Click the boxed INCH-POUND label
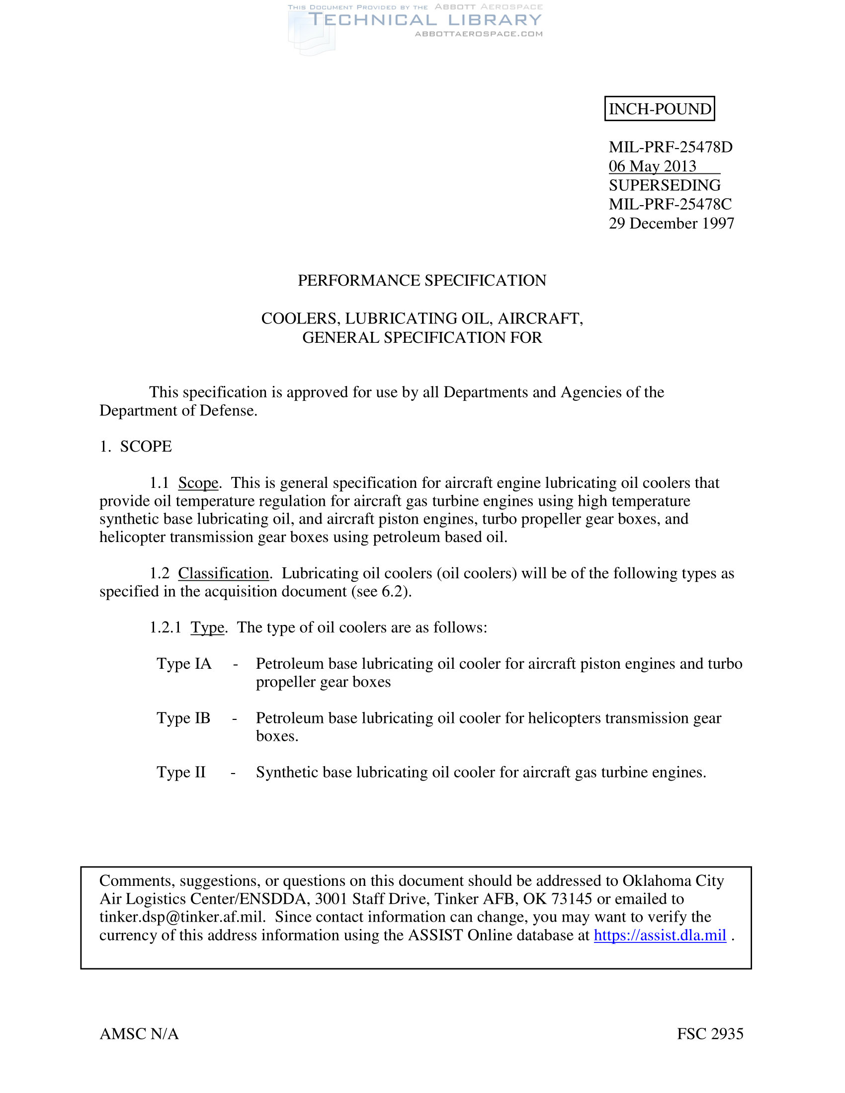(x=659, y=109)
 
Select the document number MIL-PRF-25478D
(x=671, y=147)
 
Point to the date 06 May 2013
(x=652, y=166)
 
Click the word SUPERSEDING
(x=664, y=185)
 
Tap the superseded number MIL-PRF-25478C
(x=670, y=204)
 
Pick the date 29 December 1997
(x=671, y=223)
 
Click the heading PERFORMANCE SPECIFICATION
(x=422, y=280)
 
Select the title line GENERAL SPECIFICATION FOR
(x=422, y=338)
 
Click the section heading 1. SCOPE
(x=136, y=447)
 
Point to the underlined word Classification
(x=224, y=573)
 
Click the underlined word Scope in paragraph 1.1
(x=198, y=483)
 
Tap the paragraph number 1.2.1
(x=165, y=627)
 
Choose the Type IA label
(x=184, y=664)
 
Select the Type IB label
(x=183, y=718)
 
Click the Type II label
(x=181, y=772)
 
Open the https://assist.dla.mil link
(x=660, y=936)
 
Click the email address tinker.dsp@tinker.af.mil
(x=182, y=917)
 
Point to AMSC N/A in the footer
(x=139, y=1034)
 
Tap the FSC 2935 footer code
(x=710, y=1034)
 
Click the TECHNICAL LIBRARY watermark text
(x=425, y=20)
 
